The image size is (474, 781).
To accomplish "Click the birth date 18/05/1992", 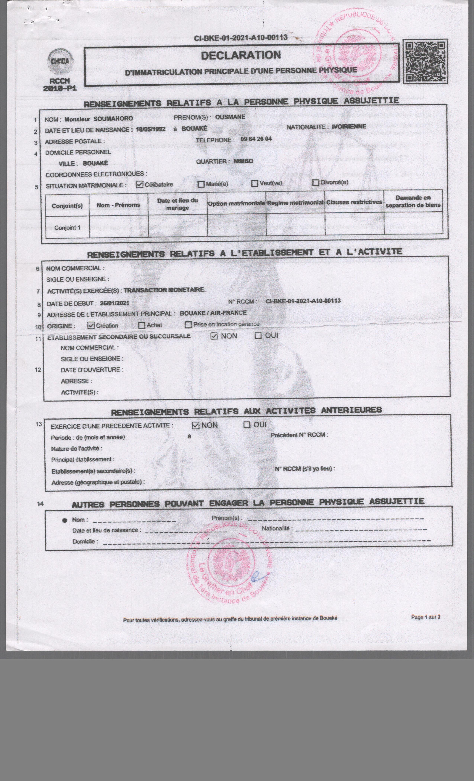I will [x=151, y=129].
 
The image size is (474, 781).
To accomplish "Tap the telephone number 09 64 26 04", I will [x=256, y=139].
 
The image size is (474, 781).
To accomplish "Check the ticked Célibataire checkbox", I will [x=139, y=184].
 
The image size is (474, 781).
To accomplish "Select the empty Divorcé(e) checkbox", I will [x=316, y=183].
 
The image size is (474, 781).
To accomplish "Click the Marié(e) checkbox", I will [x=201, y=184].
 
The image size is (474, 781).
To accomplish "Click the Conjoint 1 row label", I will [x=67, y=228].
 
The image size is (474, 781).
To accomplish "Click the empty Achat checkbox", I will [x=142, y=325].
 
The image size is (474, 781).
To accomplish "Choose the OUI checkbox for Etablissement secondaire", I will [x=258, y=335].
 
